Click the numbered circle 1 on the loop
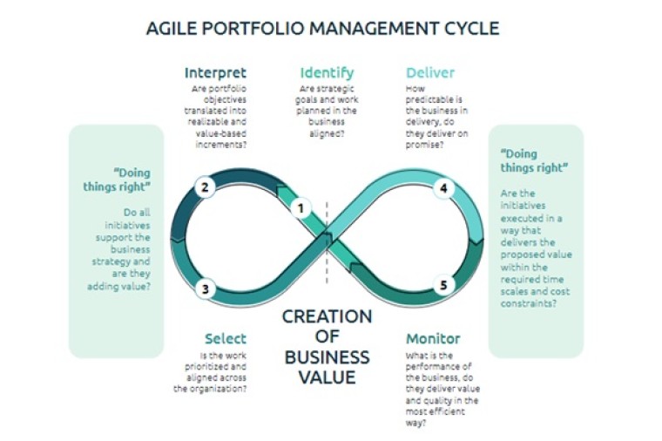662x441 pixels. (x=301, y=207)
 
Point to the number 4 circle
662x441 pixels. (x=443, y=187)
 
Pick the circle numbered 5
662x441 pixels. (x=443, y=285)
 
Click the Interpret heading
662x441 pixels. (x=215, y=72)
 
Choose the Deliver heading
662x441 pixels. (x=430, y=72)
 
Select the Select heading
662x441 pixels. (x=226, y=338)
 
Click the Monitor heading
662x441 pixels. (x=433, y=338)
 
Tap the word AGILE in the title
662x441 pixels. (x=171, y=29)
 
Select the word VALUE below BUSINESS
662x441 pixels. (x=327, y=377)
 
